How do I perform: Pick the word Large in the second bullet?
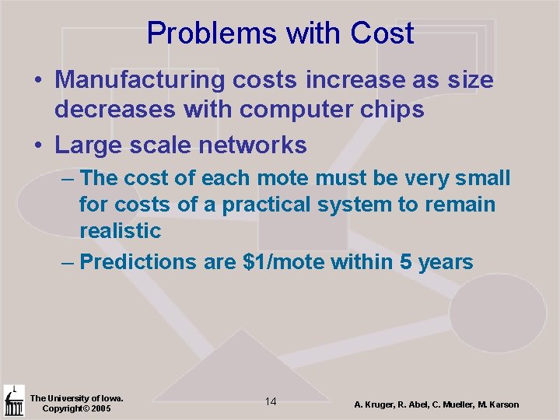pyautogui.click(x=83, y=145)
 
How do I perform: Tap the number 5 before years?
pyautogui.click(x=407, y=262)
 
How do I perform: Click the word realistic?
pyautogui.click(x=120, y=231)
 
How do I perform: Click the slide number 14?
pyautogui.click(x=271, y=401)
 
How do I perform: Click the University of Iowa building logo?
pyautogui.click(x=13, y=401)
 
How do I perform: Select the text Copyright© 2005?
pyautogui.click(x=76, y=408)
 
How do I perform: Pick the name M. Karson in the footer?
pyautogui.click(x=495, y=404)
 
